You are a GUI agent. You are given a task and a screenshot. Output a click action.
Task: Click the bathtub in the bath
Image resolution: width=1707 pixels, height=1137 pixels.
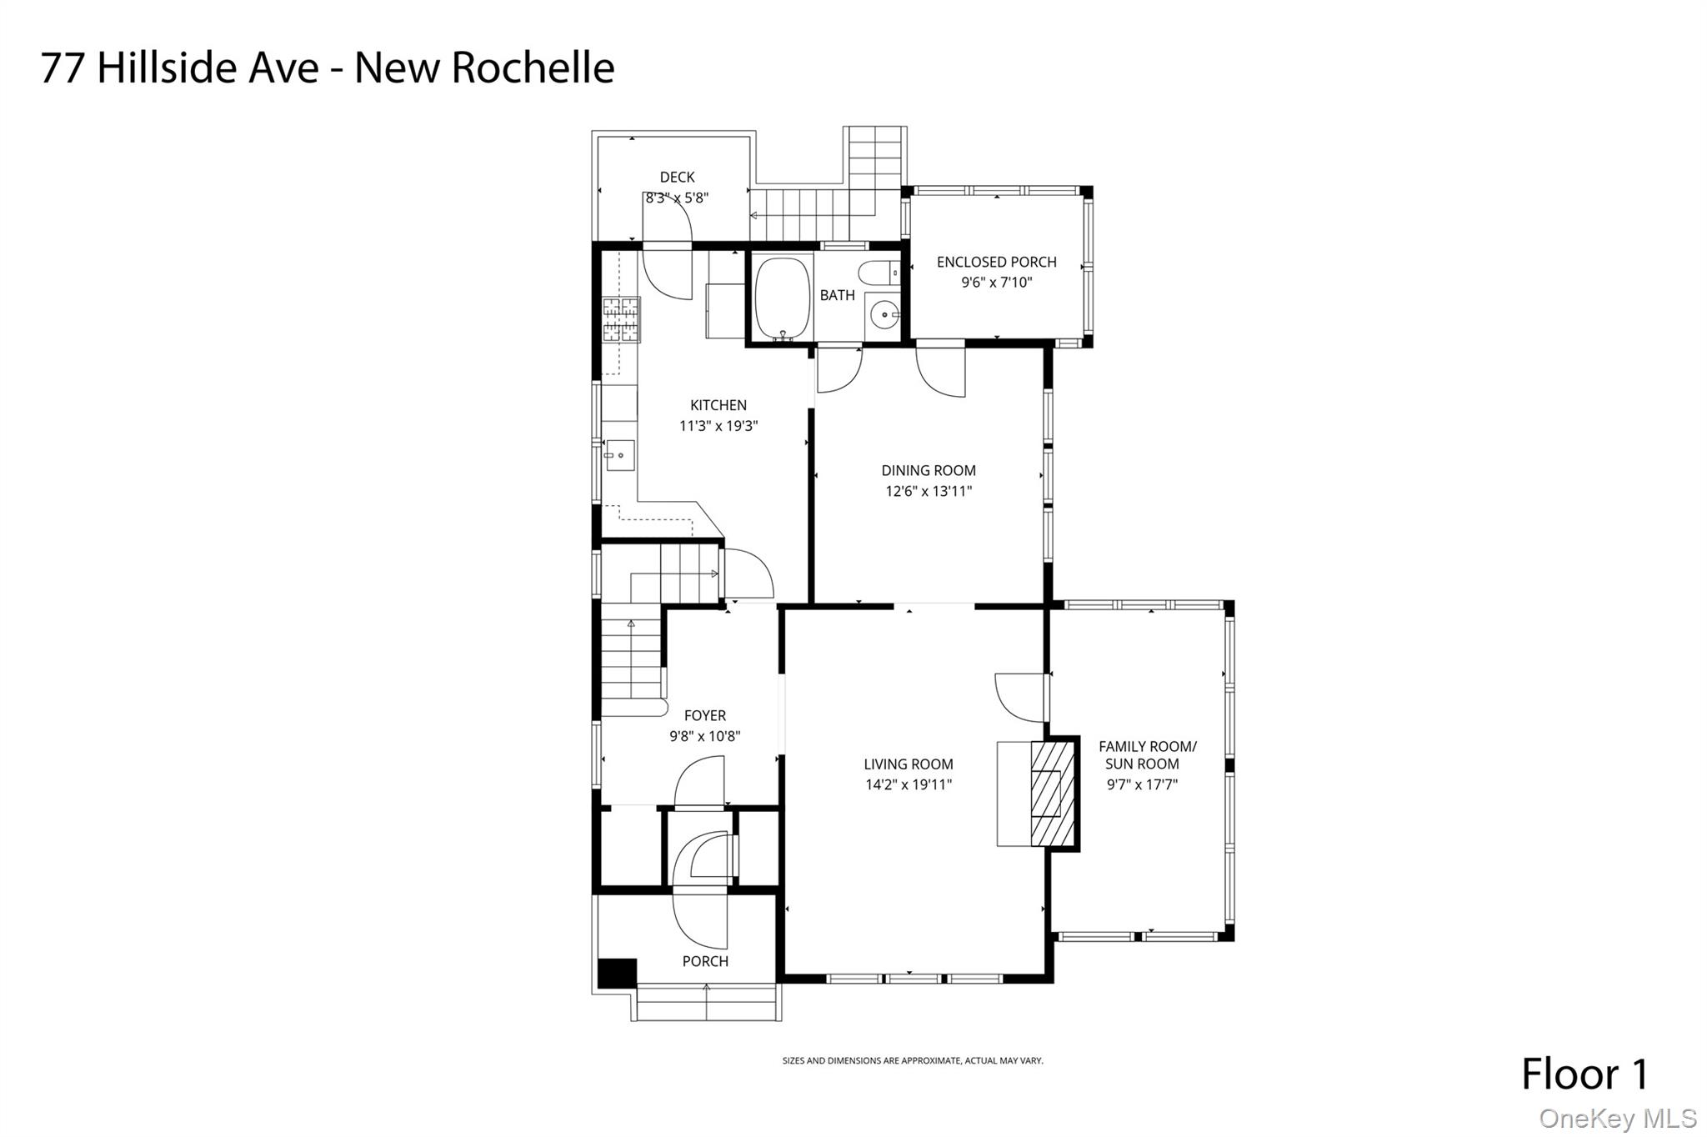pyautogui.click(x=783, y=298)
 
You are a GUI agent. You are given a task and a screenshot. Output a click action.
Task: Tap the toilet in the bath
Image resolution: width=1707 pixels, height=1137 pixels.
pyautogui.click(x=879, y=273)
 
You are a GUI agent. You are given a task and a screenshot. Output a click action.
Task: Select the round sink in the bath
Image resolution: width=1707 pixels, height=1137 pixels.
pyautogui.click(x=884, y=316)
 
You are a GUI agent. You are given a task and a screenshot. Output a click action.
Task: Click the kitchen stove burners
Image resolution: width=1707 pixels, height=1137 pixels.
pyautogui.click(x=621, y=320)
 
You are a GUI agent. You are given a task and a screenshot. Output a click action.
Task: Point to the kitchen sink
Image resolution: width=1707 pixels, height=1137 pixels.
pyautogui.click(x=620, y=455)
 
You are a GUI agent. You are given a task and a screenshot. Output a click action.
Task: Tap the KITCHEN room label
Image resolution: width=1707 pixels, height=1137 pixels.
pyautogui.click(x=718, y=405)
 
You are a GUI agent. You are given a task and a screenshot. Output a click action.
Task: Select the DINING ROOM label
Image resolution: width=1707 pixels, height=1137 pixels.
pyautogui.click(x=929, y=470)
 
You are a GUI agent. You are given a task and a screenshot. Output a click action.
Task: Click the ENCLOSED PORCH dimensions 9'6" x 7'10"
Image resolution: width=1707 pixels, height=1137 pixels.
pyautogui.click(x=997, y=283)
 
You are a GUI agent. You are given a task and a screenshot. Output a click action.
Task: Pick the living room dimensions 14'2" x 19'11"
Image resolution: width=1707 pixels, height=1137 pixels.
pyautogui.click(x=909, y=784)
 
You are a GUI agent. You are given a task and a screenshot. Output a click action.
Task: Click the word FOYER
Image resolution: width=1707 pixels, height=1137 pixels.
pyautogui.click(x=705, y=715)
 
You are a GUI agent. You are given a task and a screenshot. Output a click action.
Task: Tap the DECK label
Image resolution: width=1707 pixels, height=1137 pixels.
pyautogui.click(x=677, y=177)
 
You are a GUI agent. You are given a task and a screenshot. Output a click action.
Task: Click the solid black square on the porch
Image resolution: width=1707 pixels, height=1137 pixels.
pyautogui.click(x=618, y=973)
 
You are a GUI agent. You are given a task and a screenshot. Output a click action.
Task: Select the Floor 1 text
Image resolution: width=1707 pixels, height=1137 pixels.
pyautogui.click(x=1585, y=1074)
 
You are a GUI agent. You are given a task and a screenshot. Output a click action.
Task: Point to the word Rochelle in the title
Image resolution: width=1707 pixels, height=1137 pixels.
pyautogui.click(x=533, y=68)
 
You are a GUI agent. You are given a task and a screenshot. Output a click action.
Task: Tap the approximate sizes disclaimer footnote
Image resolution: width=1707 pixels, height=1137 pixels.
pyautogui.click(x=913, y=1061)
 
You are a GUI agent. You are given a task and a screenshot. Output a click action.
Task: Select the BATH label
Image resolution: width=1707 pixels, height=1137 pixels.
pyautogui.click(x=837, y=295)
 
